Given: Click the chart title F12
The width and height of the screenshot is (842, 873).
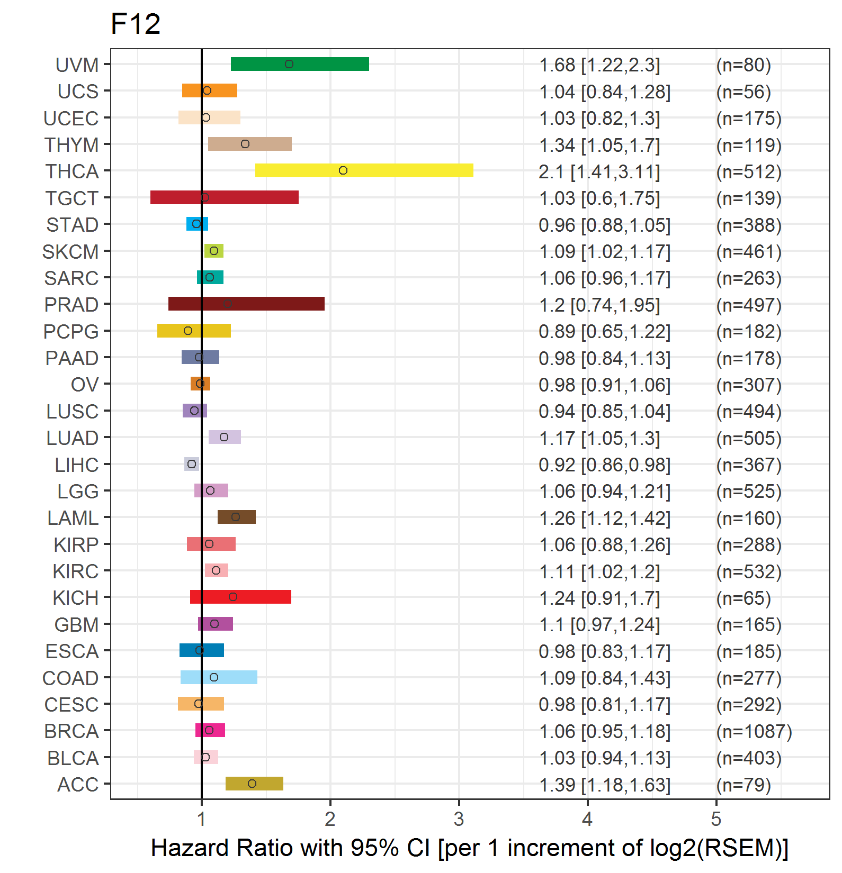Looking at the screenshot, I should (136, 24).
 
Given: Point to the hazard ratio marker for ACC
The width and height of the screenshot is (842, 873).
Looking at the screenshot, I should (252, 784).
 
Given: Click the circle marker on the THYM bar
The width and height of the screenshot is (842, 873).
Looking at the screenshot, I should (245, 144).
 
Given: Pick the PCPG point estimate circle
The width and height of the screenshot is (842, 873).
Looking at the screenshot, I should (188, 331).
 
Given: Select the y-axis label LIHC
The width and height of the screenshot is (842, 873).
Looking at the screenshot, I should (77, 465).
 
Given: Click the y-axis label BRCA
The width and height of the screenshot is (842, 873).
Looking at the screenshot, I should (71, 731).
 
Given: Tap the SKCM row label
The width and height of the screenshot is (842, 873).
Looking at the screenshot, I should (70, 252).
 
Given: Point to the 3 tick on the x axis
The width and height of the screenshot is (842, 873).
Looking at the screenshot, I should (459, 819).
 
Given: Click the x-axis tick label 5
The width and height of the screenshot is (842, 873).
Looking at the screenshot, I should (716, 819).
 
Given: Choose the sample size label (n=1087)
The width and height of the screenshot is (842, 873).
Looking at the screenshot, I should (754, 731).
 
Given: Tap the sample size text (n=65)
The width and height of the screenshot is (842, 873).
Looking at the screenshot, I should (743, 598).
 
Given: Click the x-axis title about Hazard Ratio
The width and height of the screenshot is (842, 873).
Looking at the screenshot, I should (469, 848).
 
